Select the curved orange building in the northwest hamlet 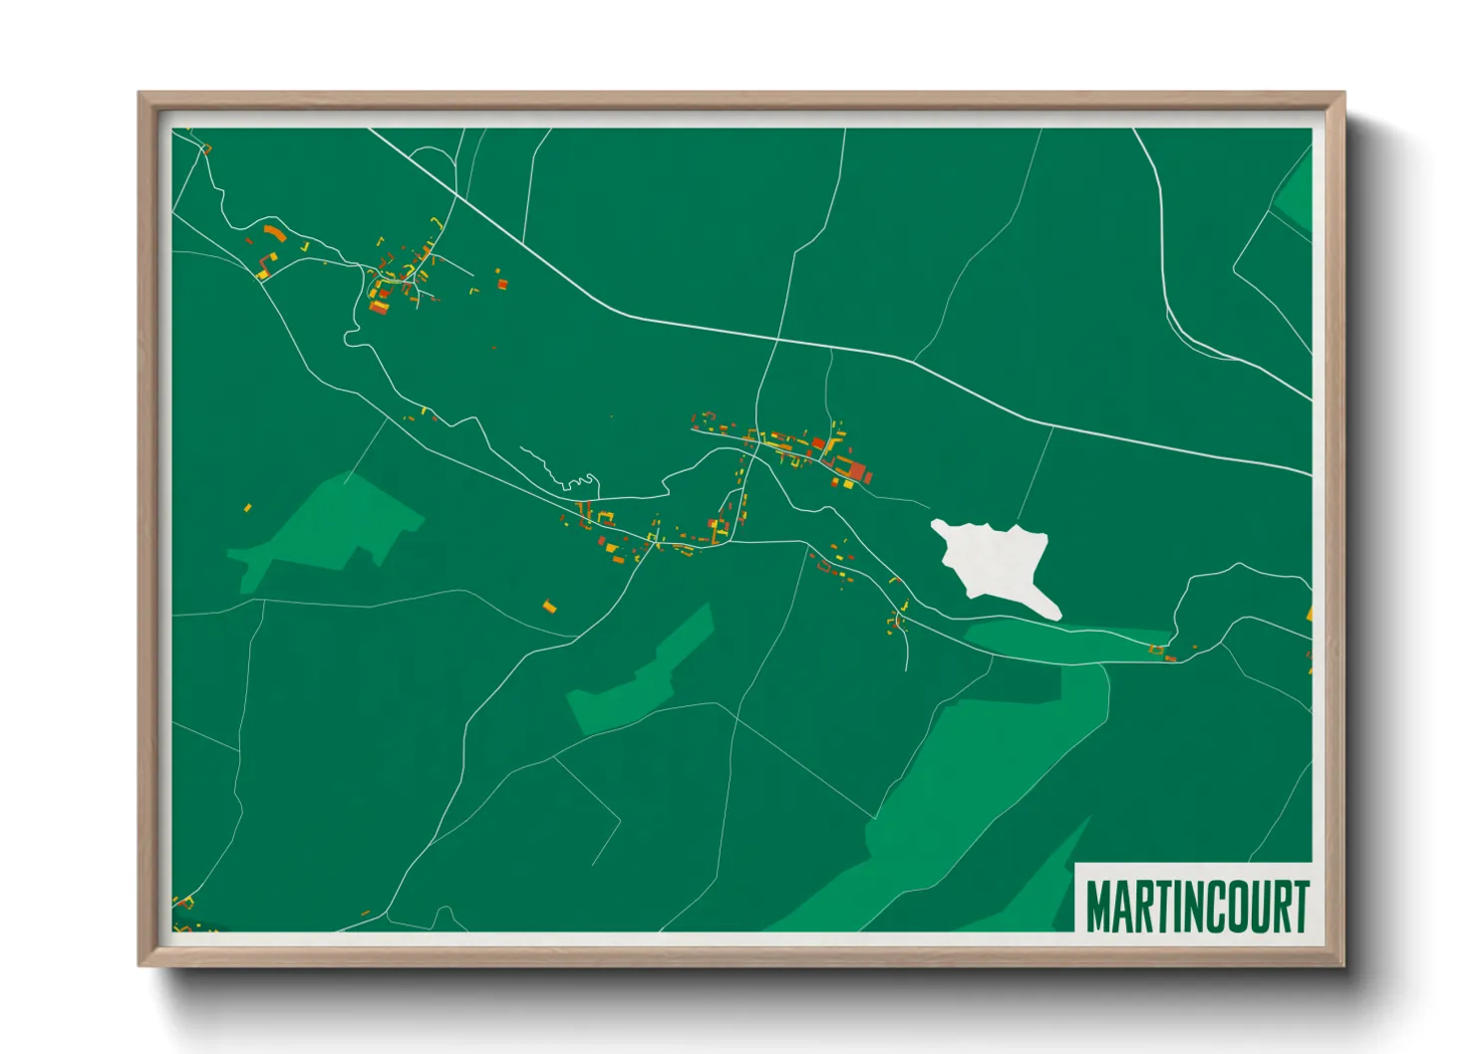coord(274,235)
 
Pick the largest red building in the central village coord(855,470)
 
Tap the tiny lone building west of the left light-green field coord(248,508)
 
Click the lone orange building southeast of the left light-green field coord(549,605)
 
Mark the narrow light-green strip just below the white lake coord(1066,643)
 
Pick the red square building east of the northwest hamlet coord(503,284)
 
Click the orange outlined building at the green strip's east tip coord(1158,651)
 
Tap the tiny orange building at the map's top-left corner coord(207,149)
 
